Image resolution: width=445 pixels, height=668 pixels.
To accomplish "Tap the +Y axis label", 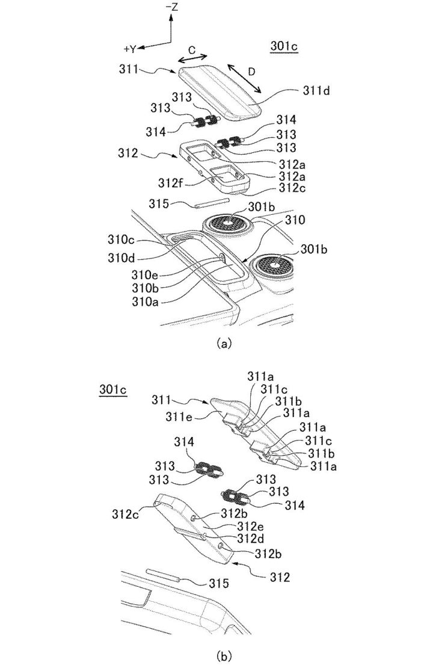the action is click(x=130, y=49).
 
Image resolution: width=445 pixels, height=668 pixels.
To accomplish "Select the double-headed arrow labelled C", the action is click(x=192, y=58).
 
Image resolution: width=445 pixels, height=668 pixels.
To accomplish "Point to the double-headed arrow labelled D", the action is click(x=244, y=78).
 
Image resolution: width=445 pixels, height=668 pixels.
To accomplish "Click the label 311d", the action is click(x=316, y=90).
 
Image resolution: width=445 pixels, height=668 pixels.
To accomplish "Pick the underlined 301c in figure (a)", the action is click(x=284, y=46).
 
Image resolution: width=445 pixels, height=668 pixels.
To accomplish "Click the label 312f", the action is click(x=170, y=183).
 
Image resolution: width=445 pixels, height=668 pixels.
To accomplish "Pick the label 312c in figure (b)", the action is click(x=126, y=514).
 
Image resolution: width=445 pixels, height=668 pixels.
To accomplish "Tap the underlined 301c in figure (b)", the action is click(x=113, y=390).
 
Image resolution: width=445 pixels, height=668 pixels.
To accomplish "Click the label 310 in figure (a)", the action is click(x=295, y=220).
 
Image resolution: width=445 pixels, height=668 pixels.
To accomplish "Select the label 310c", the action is click(x=121, y=241).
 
